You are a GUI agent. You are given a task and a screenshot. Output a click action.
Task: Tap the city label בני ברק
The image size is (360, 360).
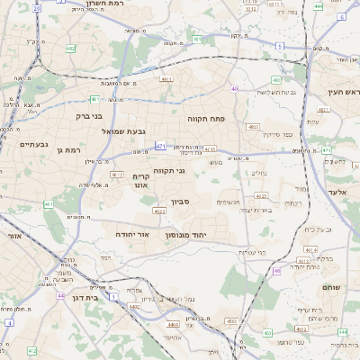click(x=88, y=115)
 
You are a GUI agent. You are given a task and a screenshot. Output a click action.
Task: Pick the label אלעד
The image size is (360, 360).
click(x=337, y=193)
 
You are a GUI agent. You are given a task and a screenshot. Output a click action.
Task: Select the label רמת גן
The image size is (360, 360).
click(x=68, y=150)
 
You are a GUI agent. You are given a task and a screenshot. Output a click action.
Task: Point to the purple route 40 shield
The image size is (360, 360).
click(x=234, y=88)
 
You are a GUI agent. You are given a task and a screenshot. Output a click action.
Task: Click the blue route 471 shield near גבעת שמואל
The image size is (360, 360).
click(x=161, y=146)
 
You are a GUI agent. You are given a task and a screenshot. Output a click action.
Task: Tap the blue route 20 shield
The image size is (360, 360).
click(x=36, y=7)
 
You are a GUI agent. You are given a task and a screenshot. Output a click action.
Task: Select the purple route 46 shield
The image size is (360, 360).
click(x=277, y=269)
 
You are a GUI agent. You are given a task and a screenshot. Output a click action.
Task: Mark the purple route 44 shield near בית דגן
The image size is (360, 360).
click(x=60, y=295)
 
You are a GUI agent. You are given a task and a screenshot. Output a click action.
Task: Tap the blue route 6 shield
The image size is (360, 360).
click(x=279, y=45)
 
